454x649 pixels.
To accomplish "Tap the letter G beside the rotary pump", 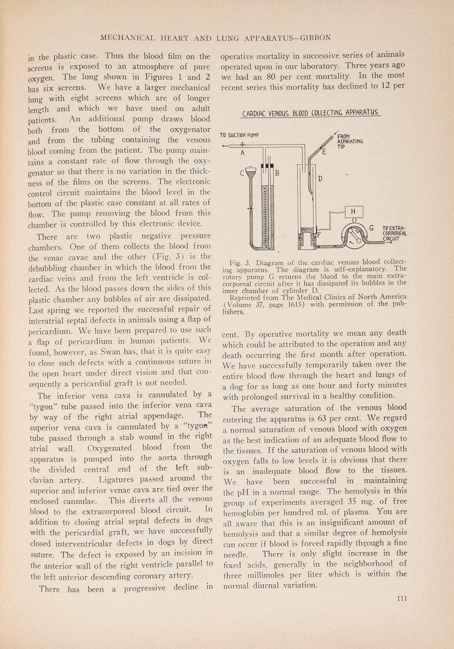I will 371,228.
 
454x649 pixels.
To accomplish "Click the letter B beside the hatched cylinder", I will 277,173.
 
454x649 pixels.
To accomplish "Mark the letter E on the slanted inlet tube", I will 324,152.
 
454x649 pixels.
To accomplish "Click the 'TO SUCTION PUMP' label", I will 239,135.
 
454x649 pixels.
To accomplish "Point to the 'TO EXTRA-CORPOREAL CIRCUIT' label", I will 394,233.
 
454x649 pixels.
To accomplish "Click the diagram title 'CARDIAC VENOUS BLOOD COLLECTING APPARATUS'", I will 310,113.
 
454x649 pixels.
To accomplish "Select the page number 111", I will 402,598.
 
